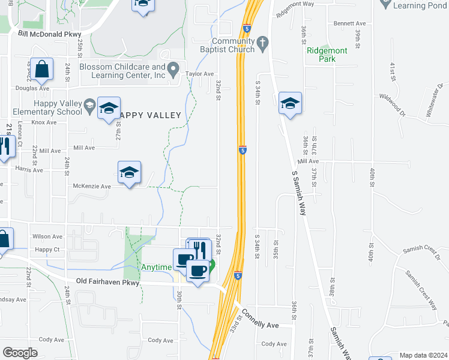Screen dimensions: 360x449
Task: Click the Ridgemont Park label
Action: (x=327, y=55)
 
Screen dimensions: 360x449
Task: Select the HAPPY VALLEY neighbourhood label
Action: (x=149, y=115)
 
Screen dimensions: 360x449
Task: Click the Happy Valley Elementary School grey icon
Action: (x=90, y=106)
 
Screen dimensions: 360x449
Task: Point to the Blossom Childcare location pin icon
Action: (x=174, y=71)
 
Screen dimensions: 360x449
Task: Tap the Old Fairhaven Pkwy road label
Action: (x=108, y=281)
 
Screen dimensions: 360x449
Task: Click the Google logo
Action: (x=20, y=353)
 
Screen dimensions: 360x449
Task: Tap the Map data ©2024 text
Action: (x=423, y=355)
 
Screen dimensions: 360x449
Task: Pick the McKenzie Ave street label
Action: (x=92, y=187)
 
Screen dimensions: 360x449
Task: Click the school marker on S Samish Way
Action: (x=290, y=104)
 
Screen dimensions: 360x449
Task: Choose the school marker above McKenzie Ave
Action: (x=130, y=173)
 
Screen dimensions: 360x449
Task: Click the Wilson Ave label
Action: (x=48, y=236)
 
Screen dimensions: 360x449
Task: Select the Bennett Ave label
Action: (x=345, y=23)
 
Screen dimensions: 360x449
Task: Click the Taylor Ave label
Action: (x=200, y=74)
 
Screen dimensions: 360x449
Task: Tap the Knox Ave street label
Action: (x=44, y=122)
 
